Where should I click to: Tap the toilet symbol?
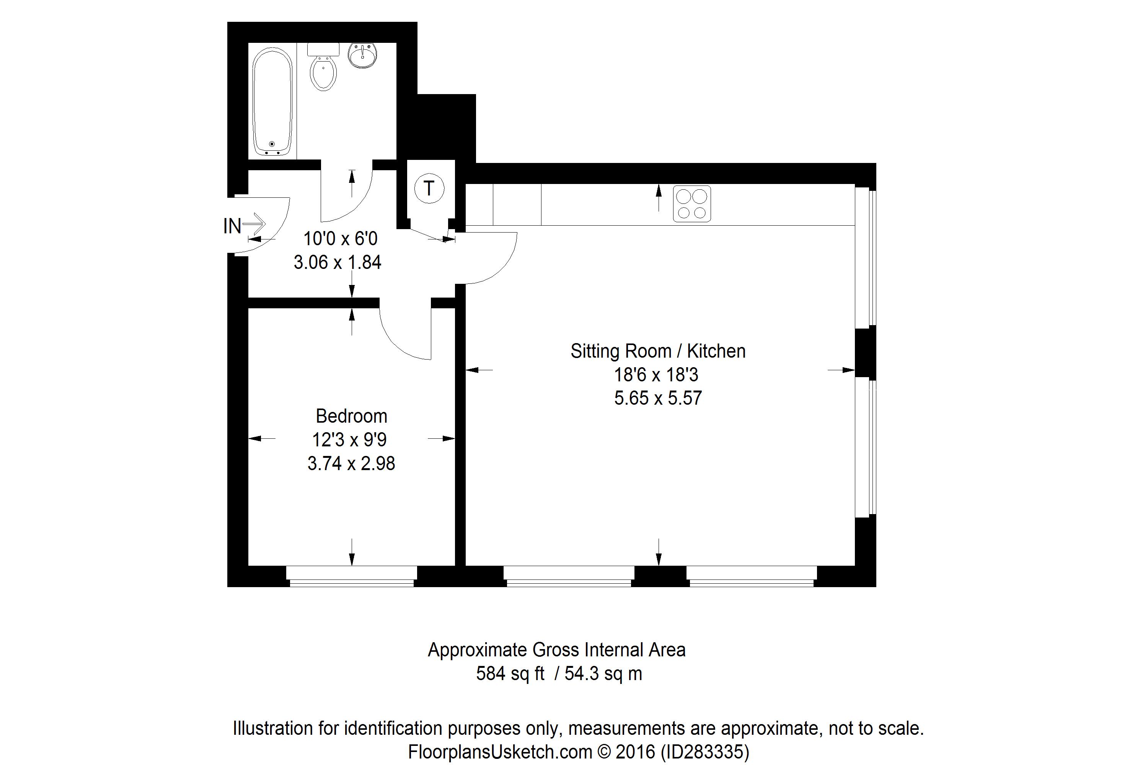click(323, 67)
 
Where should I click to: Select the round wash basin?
click(362, 55)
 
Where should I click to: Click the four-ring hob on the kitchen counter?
click(691, 204)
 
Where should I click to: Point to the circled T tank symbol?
click(429, 188)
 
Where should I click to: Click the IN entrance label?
click(232, 226)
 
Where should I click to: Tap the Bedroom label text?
click(351, 416)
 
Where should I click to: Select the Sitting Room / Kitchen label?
click(658, 351)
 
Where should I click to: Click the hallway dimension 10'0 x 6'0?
click(341, 239)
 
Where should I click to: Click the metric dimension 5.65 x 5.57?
click(658, 398)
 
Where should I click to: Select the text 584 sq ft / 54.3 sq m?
click(559, 674)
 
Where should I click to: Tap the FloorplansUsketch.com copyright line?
click(578, 752)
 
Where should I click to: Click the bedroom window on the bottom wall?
click(351, 576)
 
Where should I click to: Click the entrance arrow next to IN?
click(254, 225)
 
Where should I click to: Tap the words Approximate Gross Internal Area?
click(557, 650)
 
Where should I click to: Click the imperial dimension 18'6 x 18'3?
click(656, 375)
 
